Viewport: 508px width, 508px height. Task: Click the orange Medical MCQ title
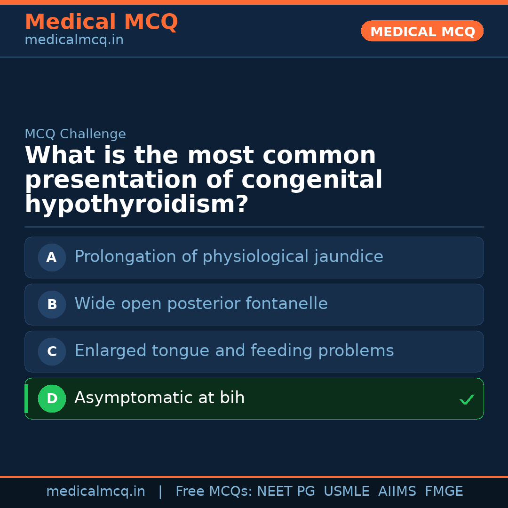(101, 22)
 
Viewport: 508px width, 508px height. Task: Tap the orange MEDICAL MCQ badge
(422, 32)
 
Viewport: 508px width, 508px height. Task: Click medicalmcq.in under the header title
(74, 40)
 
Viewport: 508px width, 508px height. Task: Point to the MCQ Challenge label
(75, 134)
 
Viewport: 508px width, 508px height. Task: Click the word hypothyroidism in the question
(136, 205)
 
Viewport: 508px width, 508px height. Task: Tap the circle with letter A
(52, 257)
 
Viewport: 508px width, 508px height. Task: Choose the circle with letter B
(52, 304)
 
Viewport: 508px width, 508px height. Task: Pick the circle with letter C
(52, 351)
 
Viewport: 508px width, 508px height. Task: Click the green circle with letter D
(52, 398)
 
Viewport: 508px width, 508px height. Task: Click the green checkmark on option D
(467, 399)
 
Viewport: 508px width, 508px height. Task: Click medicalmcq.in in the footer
(95, 492)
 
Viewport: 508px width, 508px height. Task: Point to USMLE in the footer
(346, 492)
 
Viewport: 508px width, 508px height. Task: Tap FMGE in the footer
(444, 492)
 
